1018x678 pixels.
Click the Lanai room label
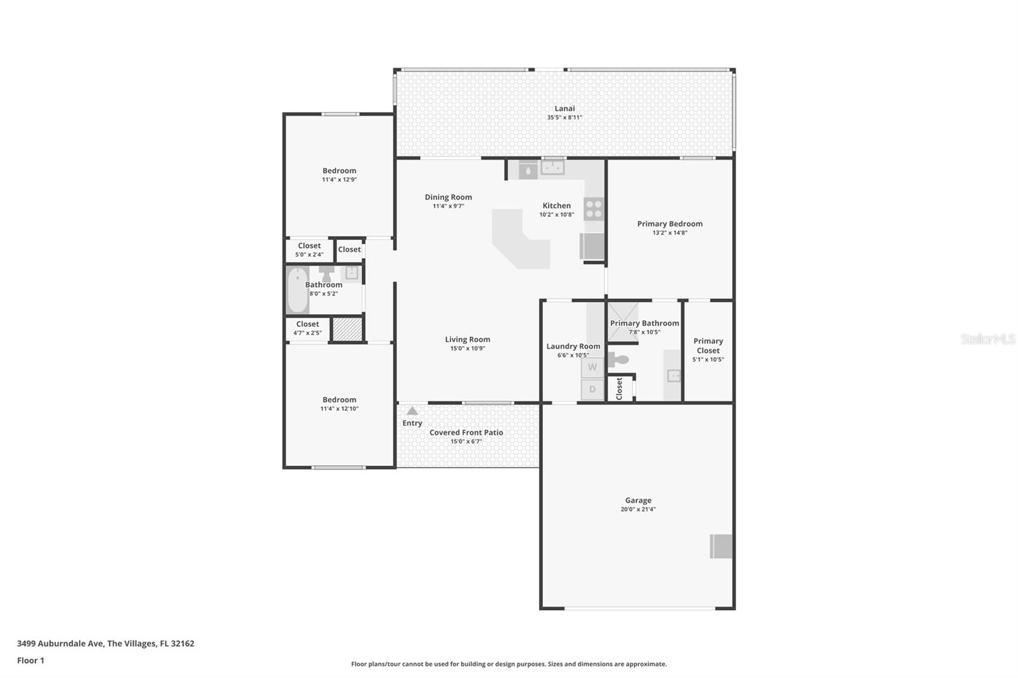[564, 109]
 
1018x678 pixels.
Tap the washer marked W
[592, 368]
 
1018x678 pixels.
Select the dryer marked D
[592, 389]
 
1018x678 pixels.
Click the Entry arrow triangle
[412, 411]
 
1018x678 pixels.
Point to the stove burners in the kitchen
[593, 209]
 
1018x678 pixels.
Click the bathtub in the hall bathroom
[296, 290]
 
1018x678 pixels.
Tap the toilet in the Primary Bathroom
[618, 360]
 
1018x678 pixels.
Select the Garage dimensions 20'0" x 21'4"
[638, 509]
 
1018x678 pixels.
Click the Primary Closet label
[708, 345]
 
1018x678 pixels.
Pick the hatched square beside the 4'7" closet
[347, 329]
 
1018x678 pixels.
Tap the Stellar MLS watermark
[987, 339]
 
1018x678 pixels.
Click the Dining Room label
[449, 197]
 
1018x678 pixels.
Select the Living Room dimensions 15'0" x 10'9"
[468, 349]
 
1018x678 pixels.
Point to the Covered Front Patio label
[466, 432]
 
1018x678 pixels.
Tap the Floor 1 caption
[31, 660]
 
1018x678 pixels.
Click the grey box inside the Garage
[721, 546]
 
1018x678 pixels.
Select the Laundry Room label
[573, 347]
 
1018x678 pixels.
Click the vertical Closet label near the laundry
[620, 389]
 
